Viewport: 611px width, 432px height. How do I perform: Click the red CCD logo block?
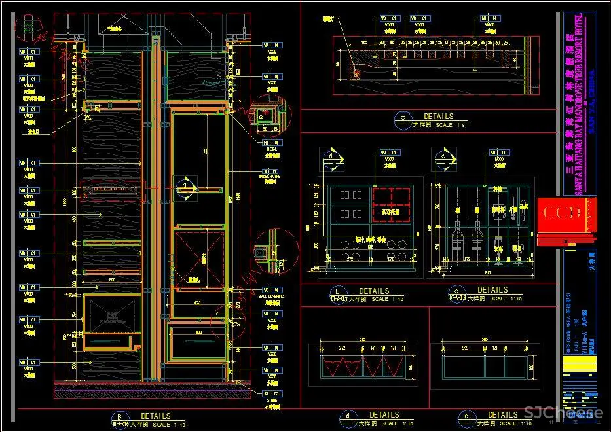pyautogui.click(x=559, y=213)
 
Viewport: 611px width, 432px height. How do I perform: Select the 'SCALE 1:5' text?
pyautogui.click(x=453, y=125)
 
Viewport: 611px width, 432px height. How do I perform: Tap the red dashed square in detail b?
pyautogui.click(x=391, y=202)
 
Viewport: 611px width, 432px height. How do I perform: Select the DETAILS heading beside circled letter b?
pyautogui.click(x=374, y=291)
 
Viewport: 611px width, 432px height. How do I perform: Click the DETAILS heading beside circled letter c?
pyautogui.click(x=492, y=290)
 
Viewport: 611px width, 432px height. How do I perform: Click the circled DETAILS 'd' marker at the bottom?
pyautogui.click(x=346, y=418)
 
